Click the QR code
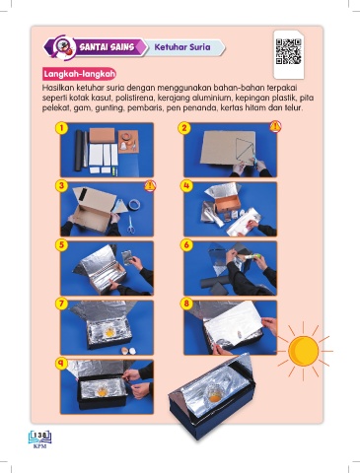(x=288, y=51)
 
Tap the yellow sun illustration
(x=303, y=351)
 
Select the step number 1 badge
(x=61, y=128)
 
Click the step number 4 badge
(x=186, y=186)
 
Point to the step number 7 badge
(x=61, y=304)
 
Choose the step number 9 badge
(x=61, y=363)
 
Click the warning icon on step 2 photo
(x=275, y=126)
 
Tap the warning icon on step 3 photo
(x=150, y=185)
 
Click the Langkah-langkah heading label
(x=80, y=74)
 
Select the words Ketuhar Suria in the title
(x=182, y=47)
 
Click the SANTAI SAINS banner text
(x=107, y=47)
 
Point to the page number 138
(x=40, y=436)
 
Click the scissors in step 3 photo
(x=131, y=225)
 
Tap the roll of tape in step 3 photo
(x=134, y=204)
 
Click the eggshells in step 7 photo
(x=128, y=351)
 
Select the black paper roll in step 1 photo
(x=80, y=151)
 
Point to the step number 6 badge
(x=186, y=245)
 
